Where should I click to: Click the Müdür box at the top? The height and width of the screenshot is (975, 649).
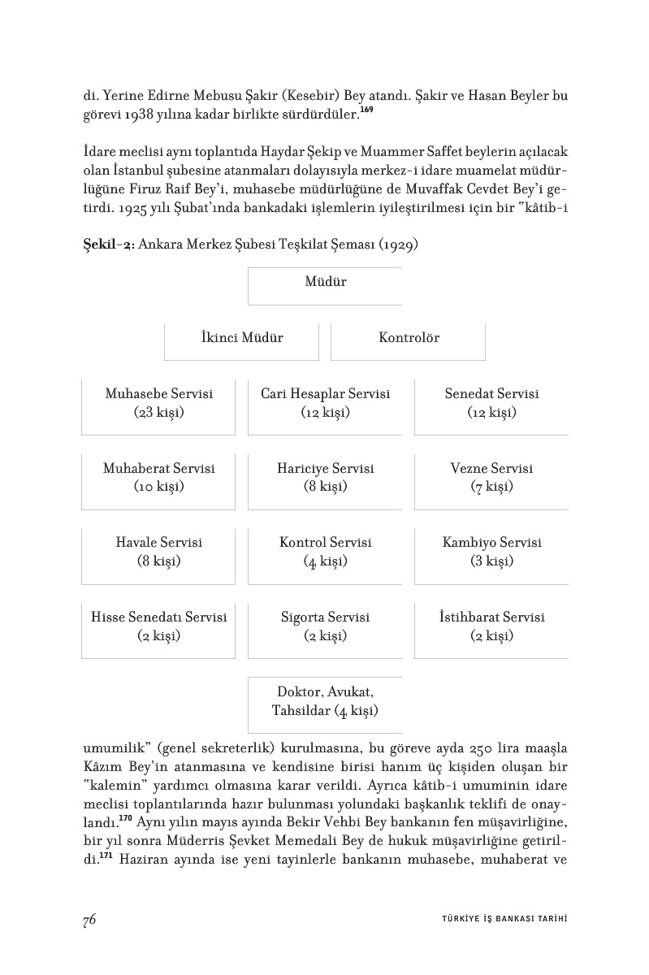pyautogui.click(x=325, y=285)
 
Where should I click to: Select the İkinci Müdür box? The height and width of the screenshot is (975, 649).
pyautogui.click(x=242, y=341)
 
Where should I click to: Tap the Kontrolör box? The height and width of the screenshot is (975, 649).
pyautogui.click(x=409, y=341)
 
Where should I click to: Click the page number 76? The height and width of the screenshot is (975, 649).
pyautogui.click(x=89, y=920)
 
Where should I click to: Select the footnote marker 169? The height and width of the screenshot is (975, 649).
pyautogui.click(x=366, y=110)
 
